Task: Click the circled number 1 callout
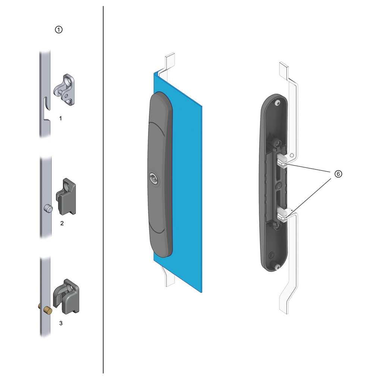pos(59,30)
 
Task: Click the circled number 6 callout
pos(338,174)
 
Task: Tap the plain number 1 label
pos(61,118)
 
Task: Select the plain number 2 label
pos(62,223)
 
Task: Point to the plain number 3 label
pos(61,323)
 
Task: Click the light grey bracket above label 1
pos(64,90)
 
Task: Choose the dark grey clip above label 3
pos(66,297)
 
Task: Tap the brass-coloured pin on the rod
pos(47,311)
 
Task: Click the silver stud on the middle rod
pos(48,209)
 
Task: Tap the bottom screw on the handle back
pos(278,267)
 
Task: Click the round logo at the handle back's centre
pos(279,187)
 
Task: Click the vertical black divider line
pos(103,190)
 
